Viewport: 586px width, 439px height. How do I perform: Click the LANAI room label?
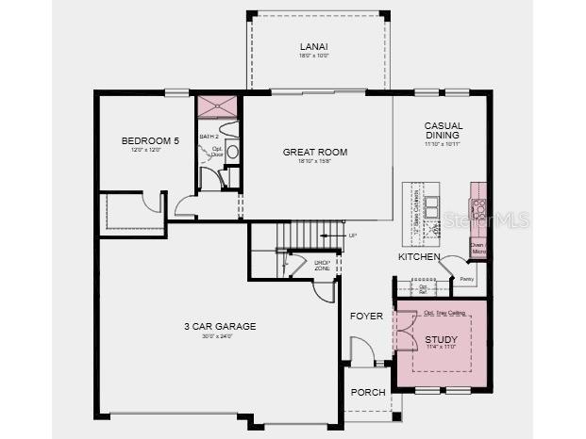click(x=313, y=46)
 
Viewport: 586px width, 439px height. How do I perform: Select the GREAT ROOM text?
click(x=315, y=152)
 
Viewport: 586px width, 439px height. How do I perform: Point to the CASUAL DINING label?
click(x=443, y=131)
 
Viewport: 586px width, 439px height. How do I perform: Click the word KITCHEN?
click(x=419, y=256)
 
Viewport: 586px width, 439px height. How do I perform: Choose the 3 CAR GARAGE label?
click(x=220, y=327)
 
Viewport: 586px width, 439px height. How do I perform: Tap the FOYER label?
click(x=366, y=316)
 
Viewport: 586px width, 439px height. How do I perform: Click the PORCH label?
click(x=368, y=392)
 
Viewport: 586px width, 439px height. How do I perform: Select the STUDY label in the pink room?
click(x=441, y=339)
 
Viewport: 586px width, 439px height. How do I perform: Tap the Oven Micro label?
click(x=478, y=248)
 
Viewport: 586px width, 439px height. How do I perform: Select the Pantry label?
click(x=465, y=279)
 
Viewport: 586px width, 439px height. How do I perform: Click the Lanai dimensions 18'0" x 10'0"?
click(x=313, y=57)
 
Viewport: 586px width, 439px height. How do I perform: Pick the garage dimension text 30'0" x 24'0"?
click(x=220, y=337)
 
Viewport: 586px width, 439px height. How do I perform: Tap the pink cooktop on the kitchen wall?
click(x=478, y=208)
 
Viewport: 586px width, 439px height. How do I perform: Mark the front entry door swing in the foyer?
click(x=361, y=353)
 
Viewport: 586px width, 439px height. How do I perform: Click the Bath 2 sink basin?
click(x=232, y=152)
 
